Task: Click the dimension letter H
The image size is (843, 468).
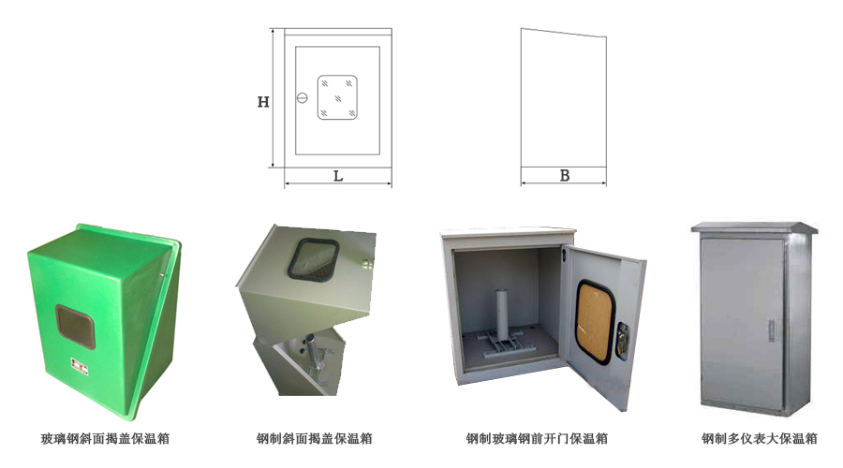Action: point(263,102)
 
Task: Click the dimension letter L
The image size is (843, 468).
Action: point(338,176)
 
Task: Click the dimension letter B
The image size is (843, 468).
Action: point(565,176)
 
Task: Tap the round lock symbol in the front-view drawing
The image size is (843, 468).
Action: point(303,97)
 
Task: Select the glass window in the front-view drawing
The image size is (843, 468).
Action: point(337,97)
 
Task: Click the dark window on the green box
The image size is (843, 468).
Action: point(75,326)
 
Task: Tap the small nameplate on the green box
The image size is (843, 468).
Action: point(80,365)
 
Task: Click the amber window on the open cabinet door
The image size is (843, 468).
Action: point(594,321)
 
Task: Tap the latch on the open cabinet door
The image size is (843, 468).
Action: point(622,340)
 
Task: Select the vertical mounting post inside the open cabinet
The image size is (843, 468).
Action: point(501,314)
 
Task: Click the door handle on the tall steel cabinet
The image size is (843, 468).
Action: point(772,329)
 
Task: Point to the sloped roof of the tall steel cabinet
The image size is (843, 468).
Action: point(754,227)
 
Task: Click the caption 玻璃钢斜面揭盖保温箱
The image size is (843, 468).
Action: point(105,438)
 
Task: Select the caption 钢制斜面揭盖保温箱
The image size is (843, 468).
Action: point(315,438)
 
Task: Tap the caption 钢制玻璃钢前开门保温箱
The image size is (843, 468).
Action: point(537,438)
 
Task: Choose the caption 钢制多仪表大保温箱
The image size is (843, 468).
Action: point(759,438)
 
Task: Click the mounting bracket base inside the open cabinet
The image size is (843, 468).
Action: point(499,344)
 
